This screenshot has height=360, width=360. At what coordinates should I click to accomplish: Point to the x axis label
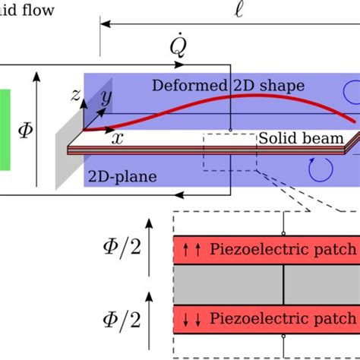click(x=118, y=138)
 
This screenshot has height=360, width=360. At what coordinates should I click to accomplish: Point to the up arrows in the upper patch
click(x=191, y=248)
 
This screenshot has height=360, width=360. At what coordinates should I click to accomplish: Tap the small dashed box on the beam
click(x=229, y=152)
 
